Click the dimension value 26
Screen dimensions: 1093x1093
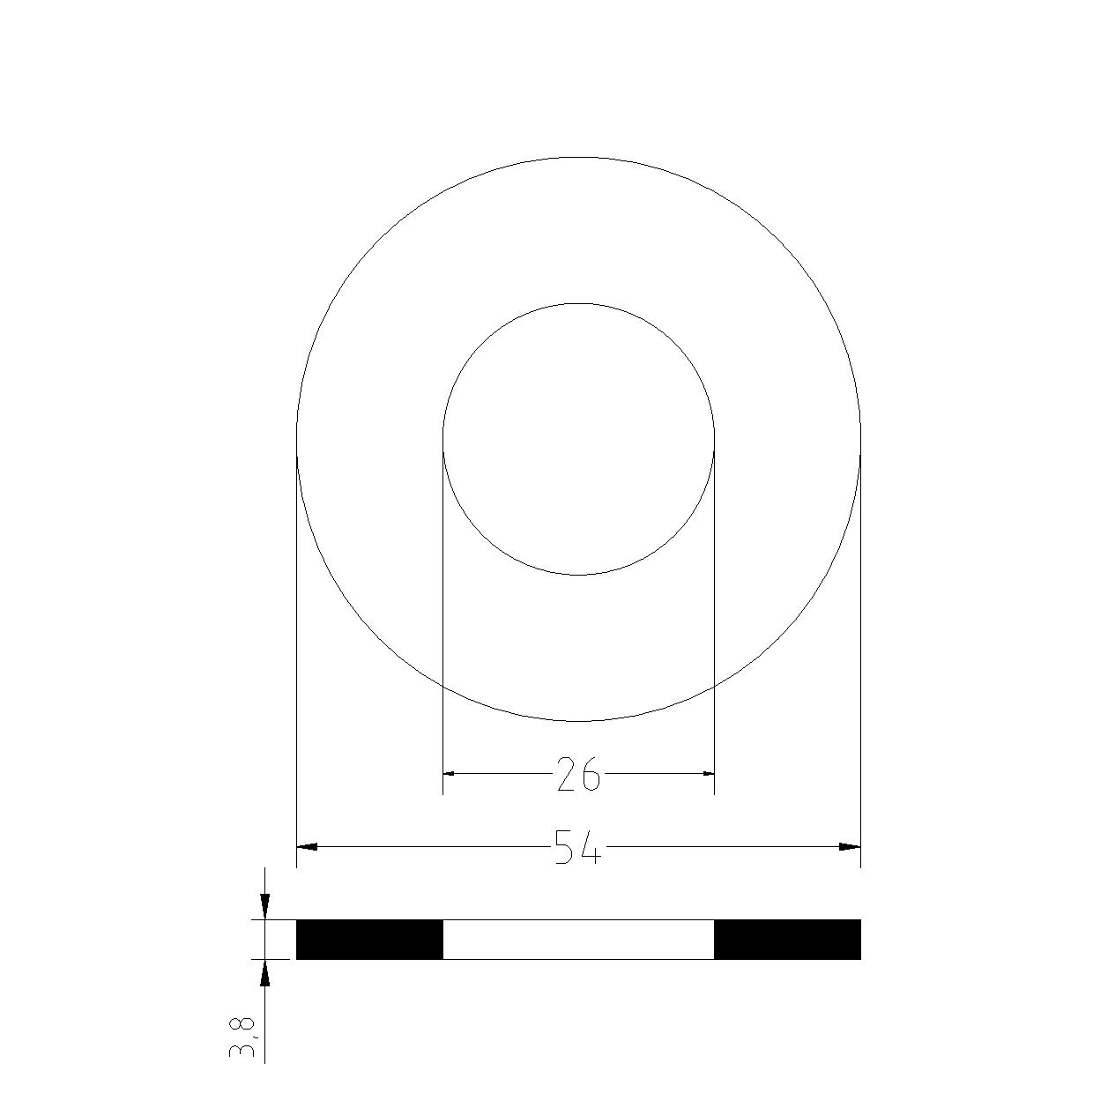pos(578,775)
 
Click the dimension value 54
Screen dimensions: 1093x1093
pos(578,847)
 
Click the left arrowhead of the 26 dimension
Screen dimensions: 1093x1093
pos(450,774)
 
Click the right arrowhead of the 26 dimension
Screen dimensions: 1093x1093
pos(707,774)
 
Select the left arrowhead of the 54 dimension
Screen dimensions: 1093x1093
pos(307,847)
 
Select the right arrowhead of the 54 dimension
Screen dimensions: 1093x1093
pos(850,847)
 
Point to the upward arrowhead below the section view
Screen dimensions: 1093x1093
pos(264,970)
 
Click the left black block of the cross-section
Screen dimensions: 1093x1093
pos(369,940)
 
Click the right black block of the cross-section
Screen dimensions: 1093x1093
pos(787,940)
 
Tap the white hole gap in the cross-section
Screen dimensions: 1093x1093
pos(578,940)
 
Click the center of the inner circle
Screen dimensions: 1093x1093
pos(578,439)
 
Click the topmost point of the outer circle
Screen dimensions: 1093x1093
pos(578,157)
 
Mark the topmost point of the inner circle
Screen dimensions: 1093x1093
pos(578,303)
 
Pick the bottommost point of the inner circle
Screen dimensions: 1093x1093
pos(578,575)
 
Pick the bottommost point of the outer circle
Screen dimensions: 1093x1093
pos(578,721)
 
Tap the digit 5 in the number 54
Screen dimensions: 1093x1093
pos(565,847)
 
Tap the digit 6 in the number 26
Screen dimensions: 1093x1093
pos(591,775)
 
